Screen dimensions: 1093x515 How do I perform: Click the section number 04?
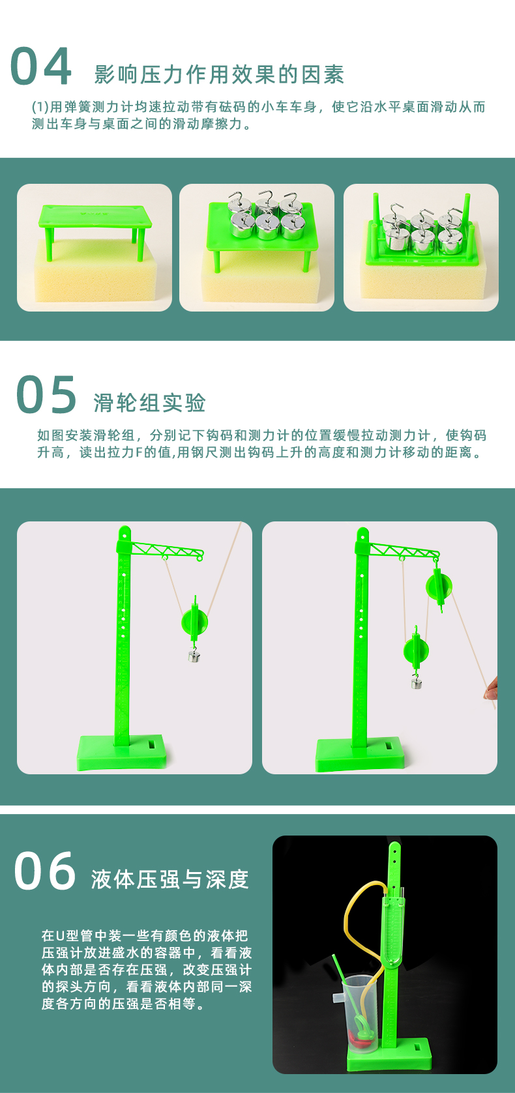click(41, 66)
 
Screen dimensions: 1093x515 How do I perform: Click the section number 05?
click(46, 395)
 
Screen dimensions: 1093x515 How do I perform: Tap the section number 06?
click(45, 871)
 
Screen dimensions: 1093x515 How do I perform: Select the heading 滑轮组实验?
click(149, 403)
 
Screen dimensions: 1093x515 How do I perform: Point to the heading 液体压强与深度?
click(170, 879)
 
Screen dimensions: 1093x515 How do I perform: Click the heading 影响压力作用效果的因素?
click(219, 75)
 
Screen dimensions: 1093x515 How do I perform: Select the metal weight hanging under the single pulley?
click(194, 656)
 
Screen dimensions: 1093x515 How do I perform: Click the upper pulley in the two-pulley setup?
click(439, 585)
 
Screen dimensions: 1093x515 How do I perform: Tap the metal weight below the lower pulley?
click(416, 682)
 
